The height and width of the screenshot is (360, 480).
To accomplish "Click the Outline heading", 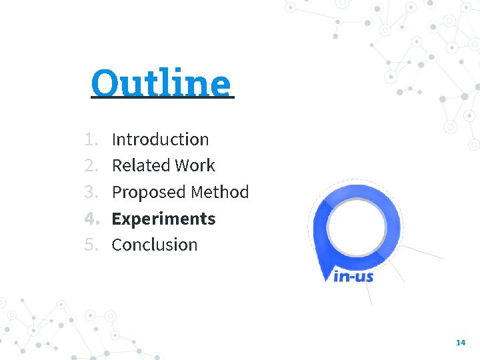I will [162, 83].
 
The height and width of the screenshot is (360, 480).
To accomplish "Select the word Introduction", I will [160, 139].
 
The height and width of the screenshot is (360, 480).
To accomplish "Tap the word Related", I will [135, 165].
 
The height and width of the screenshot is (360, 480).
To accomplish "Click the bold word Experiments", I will [163, 219].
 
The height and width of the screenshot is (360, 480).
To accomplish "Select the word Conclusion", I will [155, 245].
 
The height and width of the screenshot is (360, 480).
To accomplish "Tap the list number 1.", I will [91, 139].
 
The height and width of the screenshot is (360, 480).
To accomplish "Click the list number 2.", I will [91, 165].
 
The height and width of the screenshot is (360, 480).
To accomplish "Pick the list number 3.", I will [91, 192].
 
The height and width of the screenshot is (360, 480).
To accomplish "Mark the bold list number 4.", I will [91, 219].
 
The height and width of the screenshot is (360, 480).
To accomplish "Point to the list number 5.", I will [91, 245].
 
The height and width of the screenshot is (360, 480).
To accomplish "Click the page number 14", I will [460, 342].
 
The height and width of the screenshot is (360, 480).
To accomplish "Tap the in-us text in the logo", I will [353, 275].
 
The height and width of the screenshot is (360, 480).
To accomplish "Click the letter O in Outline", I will [105, 83].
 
